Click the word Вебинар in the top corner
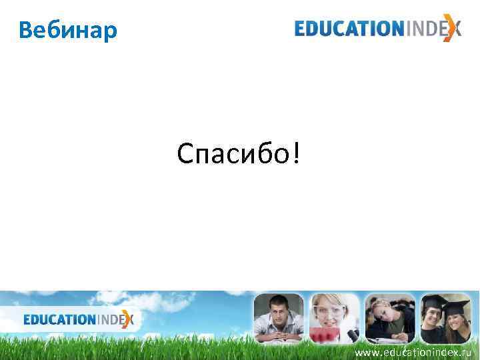pyautogui.click(x=67, y=30)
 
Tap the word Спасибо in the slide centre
pyautogui.click(x=232, y=154)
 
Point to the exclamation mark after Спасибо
pyautogui.click(x=294, y=154)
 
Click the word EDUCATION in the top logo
pyautogui.click(x=346, y=29)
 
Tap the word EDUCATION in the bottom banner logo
pyautogui.click(x=60, y=320)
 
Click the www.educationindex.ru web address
pyautogui.click(x=413, y=351)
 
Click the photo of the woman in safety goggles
pyautogui.click(x=333, y=319)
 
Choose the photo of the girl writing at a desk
pyautogui.click(x=389, y=319)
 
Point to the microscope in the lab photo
pyautogui.click(x=353, y=331)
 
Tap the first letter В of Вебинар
pyautogui.click(x=26, y=30)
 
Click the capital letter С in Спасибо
pyautogui.click(x=185, y=154)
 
